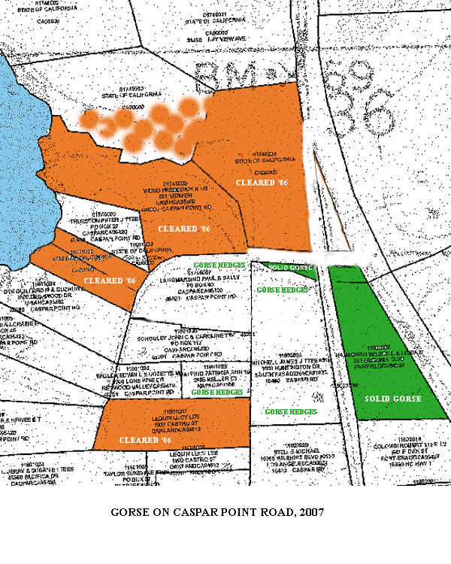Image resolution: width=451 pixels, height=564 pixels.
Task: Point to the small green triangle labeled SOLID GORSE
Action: pos(290,268)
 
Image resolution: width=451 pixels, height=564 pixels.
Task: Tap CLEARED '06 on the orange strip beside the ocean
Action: pos(109,280)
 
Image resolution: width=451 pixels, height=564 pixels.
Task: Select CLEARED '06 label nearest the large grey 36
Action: pos(262,182)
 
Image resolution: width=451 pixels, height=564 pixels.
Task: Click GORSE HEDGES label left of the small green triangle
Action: pos(219,266)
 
